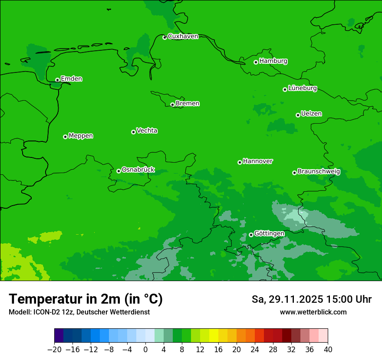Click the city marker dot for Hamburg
click(x=256, y=62)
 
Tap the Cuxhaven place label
click(x=183, y=36)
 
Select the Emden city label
click(x=71, y=79)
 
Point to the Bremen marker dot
click(x=172, y=105)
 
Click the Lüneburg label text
click(x=302, y=88)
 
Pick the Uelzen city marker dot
click(x=298, y=115)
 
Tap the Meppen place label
click(x=81, y=136)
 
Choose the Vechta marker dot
click(x=133, y=132)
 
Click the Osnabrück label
click(x=138, y=170)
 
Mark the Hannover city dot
click(x=240, y=162)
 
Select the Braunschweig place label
click(x=319, y=172)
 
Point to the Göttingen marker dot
click(x=251, y=235)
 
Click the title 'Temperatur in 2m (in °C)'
click(x=86, y=299)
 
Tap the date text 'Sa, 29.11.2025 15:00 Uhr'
click(x=311, y=299)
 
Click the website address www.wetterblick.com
click(x=313, y=312)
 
